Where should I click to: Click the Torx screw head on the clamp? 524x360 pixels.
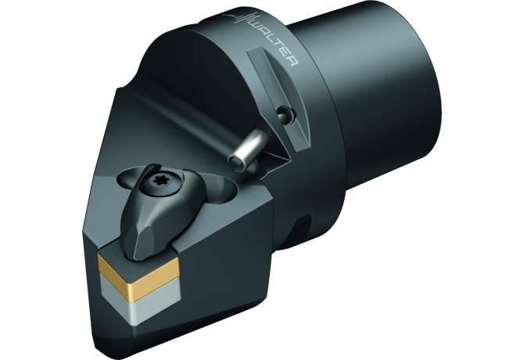(x=166, y=182)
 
